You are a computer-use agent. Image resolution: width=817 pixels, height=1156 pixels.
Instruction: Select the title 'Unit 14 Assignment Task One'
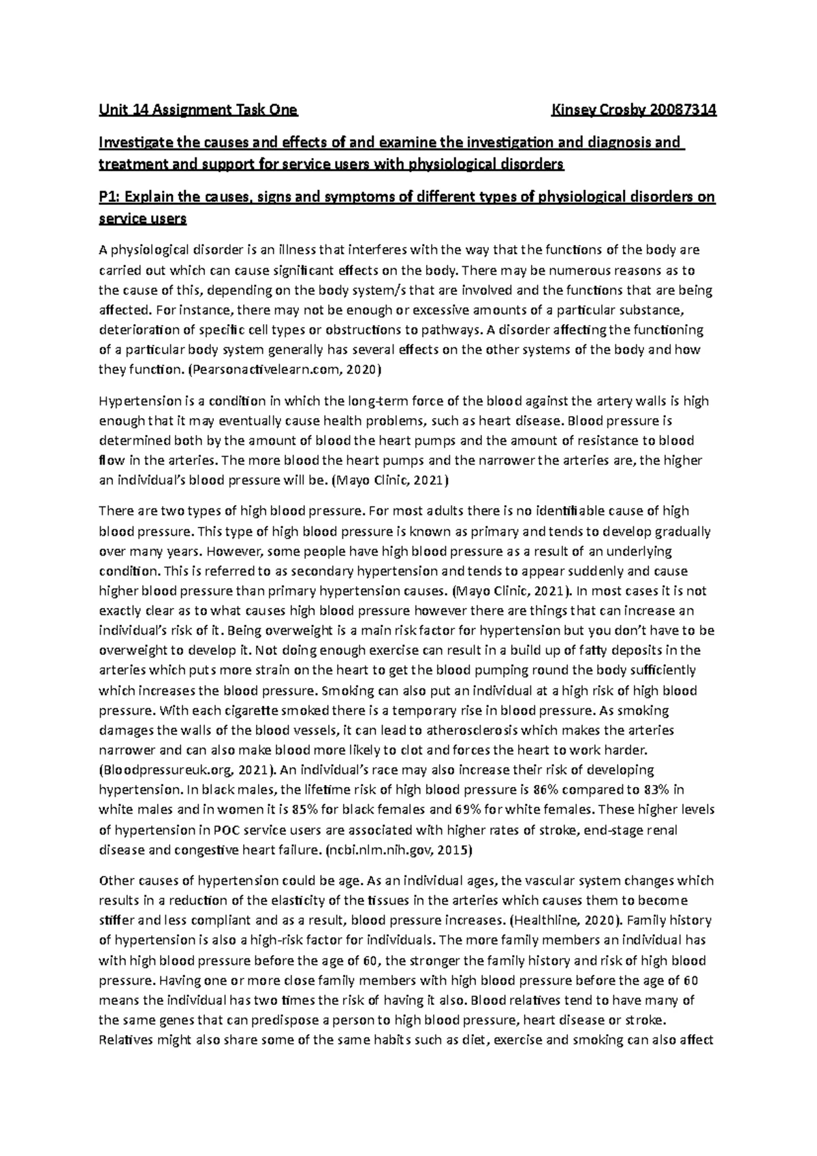pos(198,110)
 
